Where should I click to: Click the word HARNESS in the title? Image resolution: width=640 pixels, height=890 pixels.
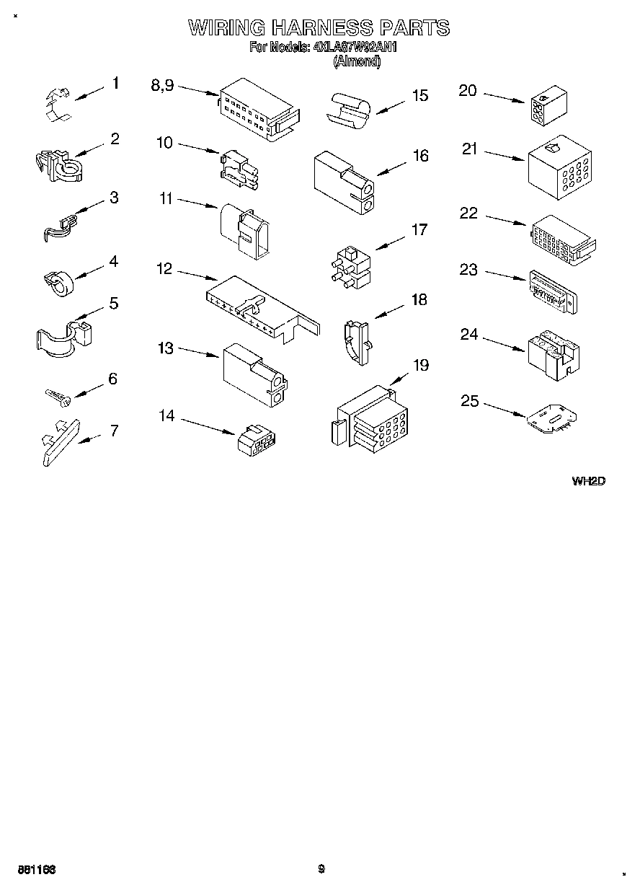point(321,28)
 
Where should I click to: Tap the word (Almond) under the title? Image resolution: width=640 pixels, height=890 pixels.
point(356,62)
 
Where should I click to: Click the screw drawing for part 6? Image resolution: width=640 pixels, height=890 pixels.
point(56,396)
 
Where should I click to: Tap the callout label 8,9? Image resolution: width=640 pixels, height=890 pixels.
point(162,84)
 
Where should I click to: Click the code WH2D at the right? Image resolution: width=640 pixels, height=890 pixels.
point(587,481)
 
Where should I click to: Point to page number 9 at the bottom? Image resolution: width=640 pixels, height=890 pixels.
point(321,869)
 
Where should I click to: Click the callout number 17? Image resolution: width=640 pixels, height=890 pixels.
point(419,230)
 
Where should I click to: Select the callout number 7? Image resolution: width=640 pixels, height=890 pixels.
point(114,431)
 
